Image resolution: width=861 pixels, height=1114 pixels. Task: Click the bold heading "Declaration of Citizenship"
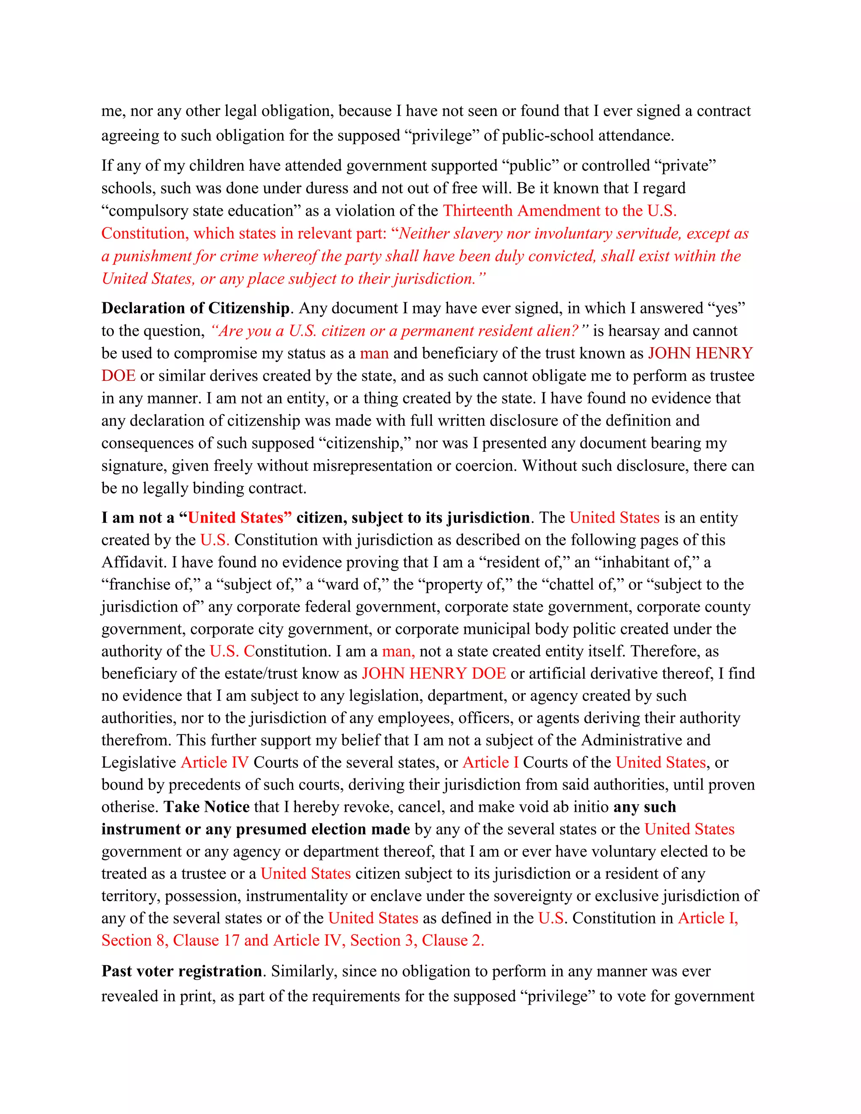click(x=195, y=309)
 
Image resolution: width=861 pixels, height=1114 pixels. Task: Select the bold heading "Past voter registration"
click(x=182, y=971)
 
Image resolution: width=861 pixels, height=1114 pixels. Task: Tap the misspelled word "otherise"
click(x=129, y=807)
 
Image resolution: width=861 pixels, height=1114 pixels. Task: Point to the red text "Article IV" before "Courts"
click(x=215, y=763)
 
